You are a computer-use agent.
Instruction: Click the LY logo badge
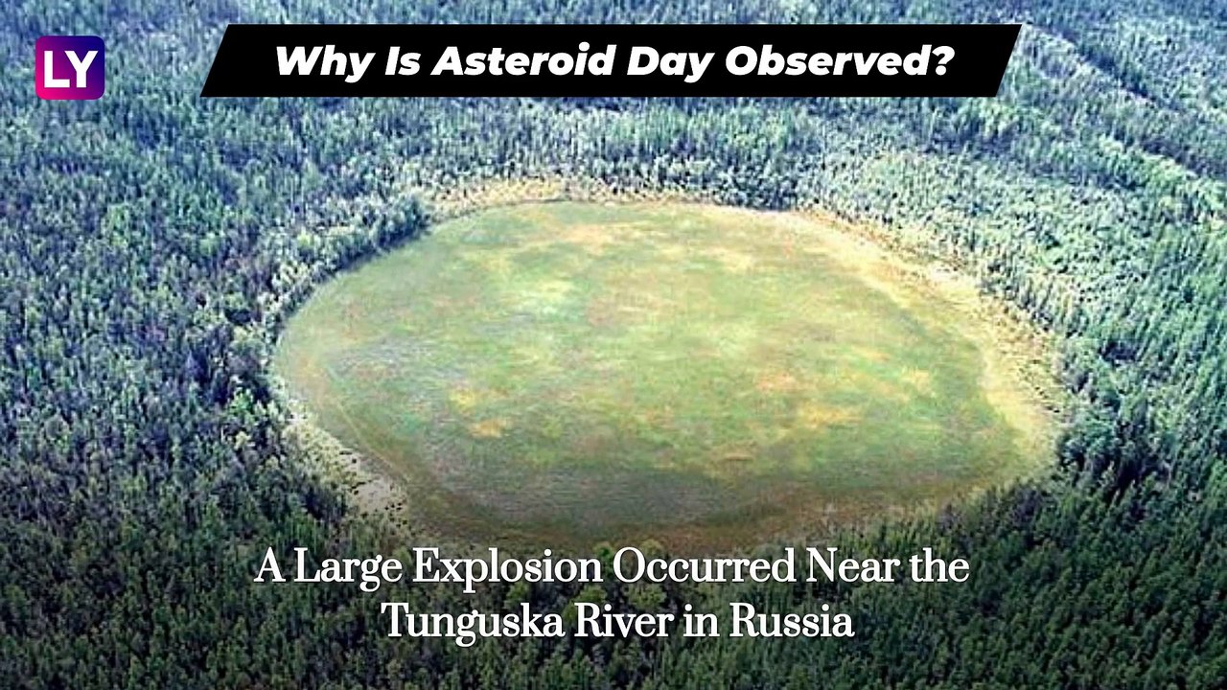point(70,68)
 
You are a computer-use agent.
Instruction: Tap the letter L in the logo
point(57,69)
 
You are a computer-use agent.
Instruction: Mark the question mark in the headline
point(942,61)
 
